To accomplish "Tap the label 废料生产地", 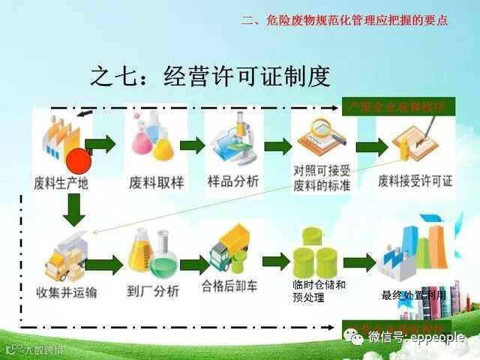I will pyautogui.click(x=61, y=181).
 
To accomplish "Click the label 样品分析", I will pyautogui.click(x=233, y=181).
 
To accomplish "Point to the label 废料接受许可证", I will pyautogui.click(x=415, y=181).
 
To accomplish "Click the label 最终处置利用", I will pyautogui.click(x=414, y=295).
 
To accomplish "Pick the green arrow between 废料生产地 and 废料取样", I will pyautogui.click(x=100, y=143).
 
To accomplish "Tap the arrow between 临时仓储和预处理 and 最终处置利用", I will pyautogui.click(x=358, y=262).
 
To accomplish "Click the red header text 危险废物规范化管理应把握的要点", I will pyautogui.click(x=345, y=20).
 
